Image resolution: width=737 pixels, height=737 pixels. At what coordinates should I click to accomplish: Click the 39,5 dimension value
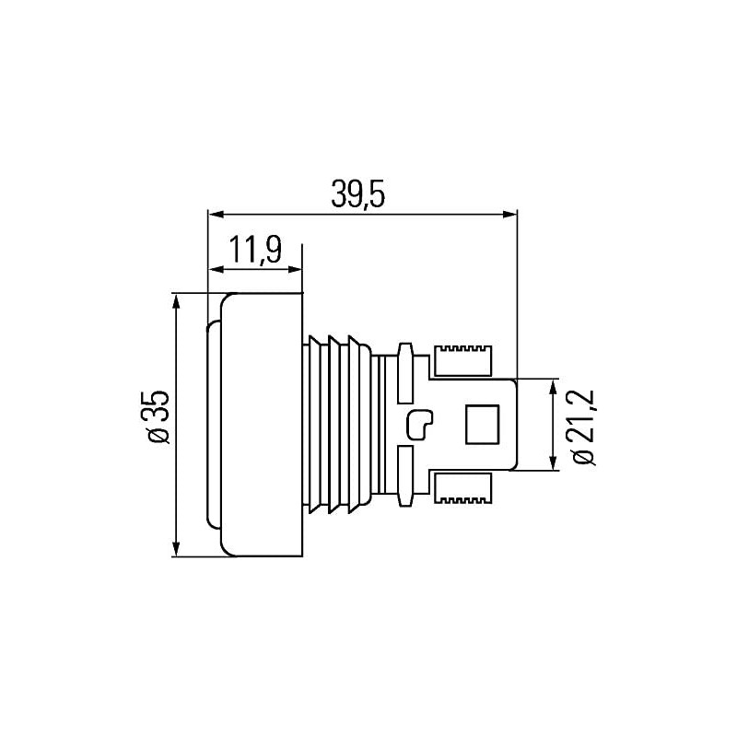tap(358, 194)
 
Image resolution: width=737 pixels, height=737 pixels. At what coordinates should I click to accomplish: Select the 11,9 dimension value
tap(256, 250)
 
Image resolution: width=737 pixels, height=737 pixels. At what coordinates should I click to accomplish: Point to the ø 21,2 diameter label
tap(584, 427)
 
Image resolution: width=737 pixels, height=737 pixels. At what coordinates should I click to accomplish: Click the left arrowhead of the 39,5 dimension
tap(216, 215)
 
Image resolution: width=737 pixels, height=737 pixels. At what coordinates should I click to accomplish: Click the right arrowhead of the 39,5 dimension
tap(509, 215)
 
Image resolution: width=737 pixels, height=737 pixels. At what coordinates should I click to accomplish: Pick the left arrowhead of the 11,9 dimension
tap(216, 269)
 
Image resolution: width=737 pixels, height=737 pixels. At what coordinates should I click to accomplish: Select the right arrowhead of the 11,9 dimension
tap(294, 269)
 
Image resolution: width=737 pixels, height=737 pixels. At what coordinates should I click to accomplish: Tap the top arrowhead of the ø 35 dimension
tap(176, 301)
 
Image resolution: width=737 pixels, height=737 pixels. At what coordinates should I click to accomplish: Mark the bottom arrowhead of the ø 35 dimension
tap(176, 549)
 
